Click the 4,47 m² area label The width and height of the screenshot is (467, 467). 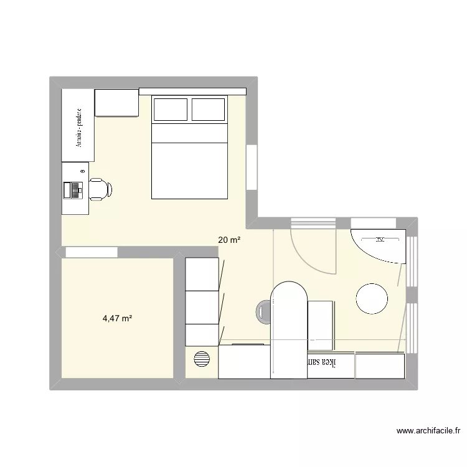pyautogui.click(x=118, y=319)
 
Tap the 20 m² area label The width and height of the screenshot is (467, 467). pyautogui.click(x=229, y=239)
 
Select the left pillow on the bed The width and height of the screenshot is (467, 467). pyautogui.click(x=170, y=110)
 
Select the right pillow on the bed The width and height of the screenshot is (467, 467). pyautogui.click(x=209, y=110)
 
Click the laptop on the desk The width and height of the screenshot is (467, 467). pyautogui.click(x=74, y=189)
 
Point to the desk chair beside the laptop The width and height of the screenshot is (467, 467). pyautogui.click(x=100, y=189)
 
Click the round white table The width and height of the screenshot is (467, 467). pyautogui.click(x=372, y=298)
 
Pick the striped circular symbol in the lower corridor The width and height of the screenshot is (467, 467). pyautogui.click(x=202, y=360)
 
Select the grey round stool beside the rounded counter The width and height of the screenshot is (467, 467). pyautogui.click(x=263, y=311)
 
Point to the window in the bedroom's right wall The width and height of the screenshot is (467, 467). pyautogui.click(x=252, y=167)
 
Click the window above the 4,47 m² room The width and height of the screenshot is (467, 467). pyautogui.click(x=91, y=252)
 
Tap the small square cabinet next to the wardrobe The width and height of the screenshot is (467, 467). pyautogui.click(x=116, y=103)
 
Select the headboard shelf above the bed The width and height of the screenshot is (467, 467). pyautogui.click(x=192, y=92)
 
